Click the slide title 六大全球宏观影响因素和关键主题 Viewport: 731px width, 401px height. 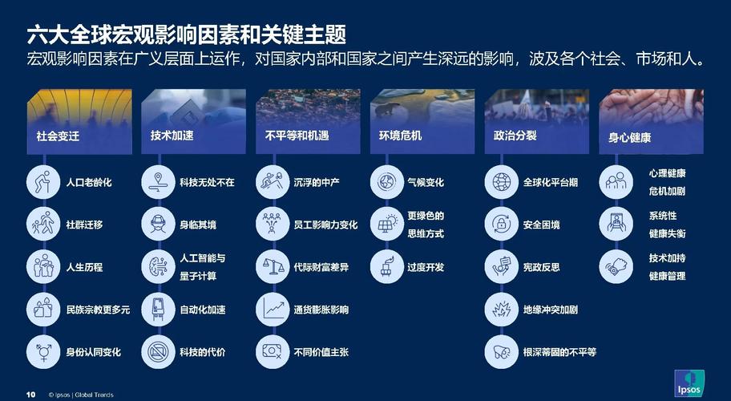(x=186, y=34)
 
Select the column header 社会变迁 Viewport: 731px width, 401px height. (x=59, y=136)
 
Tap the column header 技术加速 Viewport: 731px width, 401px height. (x=172, y=136)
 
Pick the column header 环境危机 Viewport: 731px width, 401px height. (x=401, y=136)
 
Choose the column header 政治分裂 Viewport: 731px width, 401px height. (x=515, y=136)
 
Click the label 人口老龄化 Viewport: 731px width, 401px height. (x=89, y=183)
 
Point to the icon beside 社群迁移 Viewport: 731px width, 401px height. (x=44, y=225)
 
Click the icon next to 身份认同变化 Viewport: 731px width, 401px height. (x=44, y=351)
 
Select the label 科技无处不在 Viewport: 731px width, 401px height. (x=207, y=183)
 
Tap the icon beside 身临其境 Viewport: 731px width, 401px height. (x=159, y=225)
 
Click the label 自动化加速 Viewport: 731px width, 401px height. (x=203, y=310)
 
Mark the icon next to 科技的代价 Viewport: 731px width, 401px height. (x=159, y=351)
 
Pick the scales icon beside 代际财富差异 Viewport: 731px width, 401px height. (x=273, y=267)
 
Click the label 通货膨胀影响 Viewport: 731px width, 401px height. (x=321, y=310)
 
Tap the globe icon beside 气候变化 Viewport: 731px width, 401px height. (x=387, y=183)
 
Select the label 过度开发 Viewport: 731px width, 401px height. (x=426, y=267)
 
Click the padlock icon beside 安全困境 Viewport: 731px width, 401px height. (x=502, y=225)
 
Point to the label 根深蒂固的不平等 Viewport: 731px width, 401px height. (x=559, y=352)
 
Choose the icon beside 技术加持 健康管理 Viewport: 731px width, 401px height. (x=616, y=267)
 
